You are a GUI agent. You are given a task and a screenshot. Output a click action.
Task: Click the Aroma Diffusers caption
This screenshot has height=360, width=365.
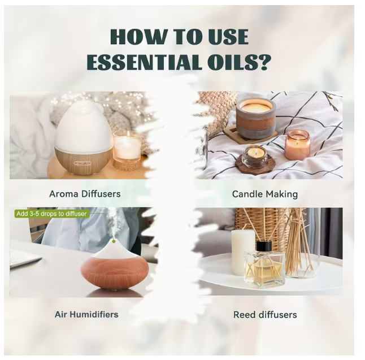(x=85, y=194)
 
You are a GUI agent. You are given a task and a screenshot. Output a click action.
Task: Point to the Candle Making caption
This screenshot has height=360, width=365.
(x=265, y=194)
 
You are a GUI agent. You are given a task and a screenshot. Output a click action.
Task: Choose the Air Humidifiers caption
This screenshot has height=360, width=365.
(x=86, y=314)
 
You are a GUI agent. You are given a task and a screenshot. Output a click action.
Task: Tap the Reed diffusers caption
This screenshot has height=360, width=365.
(x=265, y=315)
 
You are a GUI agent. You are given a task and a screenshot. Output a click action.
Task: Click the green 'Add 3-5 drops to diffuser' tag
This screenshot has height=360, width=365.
(x=51, y=214)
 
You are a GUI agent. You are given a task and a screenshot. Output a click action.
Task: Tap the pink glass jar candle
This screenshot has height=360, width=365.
(x=298, y=145)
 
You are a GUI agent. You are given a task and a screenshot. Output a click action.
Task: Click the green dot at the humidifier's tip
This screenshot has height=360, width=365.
(x=114, y=241)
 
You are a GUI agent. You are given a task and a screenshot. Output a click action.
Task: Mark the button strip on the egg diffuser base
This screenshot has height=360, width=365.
(x=82, y=163)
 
